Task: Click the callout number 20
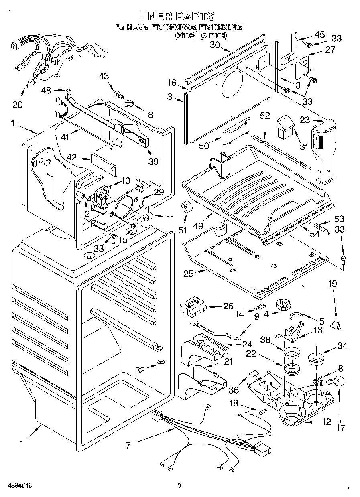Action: coord(17,105)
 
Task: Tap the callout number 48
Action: coord(46,91)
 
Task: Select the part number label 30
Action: coord(215,45)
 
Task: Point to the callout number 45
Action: coord(319,34)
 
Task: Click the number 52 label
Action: coord(264,115)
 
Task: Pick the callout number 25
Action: coord(188,274)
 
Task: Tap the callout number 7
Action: coord(128,445)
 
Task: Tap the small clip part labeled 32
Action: coord(160,362)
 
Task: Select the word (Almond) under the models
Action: coord(214,35)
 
